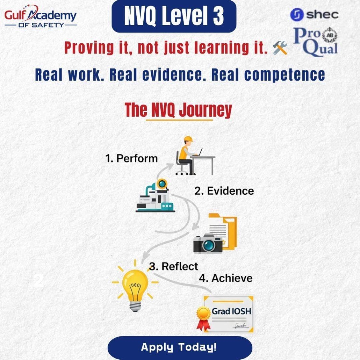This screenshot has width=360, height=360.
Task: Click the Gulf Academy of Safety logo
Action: [x=41, y=16]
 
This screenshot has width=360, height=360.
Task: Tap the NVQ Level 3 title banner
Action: [x=174, y=16]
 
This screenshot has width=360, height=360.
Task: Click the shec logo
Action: [x=314, y=14]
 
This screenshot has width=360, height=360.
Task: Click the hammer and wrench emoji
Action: [x=280, y=48]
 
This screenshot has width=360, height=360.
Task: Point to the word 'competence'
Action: [x=285, y=75]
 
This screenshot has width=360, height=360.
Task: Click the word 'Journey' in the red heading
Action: [x=206, y=110]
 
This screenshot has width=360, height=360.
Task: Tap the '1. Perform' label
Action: [x=131, y=158]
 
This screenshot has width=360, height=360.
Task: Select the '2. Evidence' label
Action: [x=224, y=191]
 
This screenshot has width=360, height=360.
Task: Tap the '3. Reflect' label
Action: [x=173, y=266]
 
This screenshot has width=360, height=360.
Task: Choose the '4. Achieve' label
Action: [x=226, y=278]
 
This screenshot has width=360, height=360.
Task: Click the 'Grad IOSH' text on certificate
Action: [x=231, y=311]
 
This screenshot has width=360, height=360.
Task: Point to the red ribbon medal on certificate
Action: [x=203, y=318]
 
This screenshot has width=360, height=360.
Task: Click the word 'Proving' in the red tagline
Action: [x=89, y=48]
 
